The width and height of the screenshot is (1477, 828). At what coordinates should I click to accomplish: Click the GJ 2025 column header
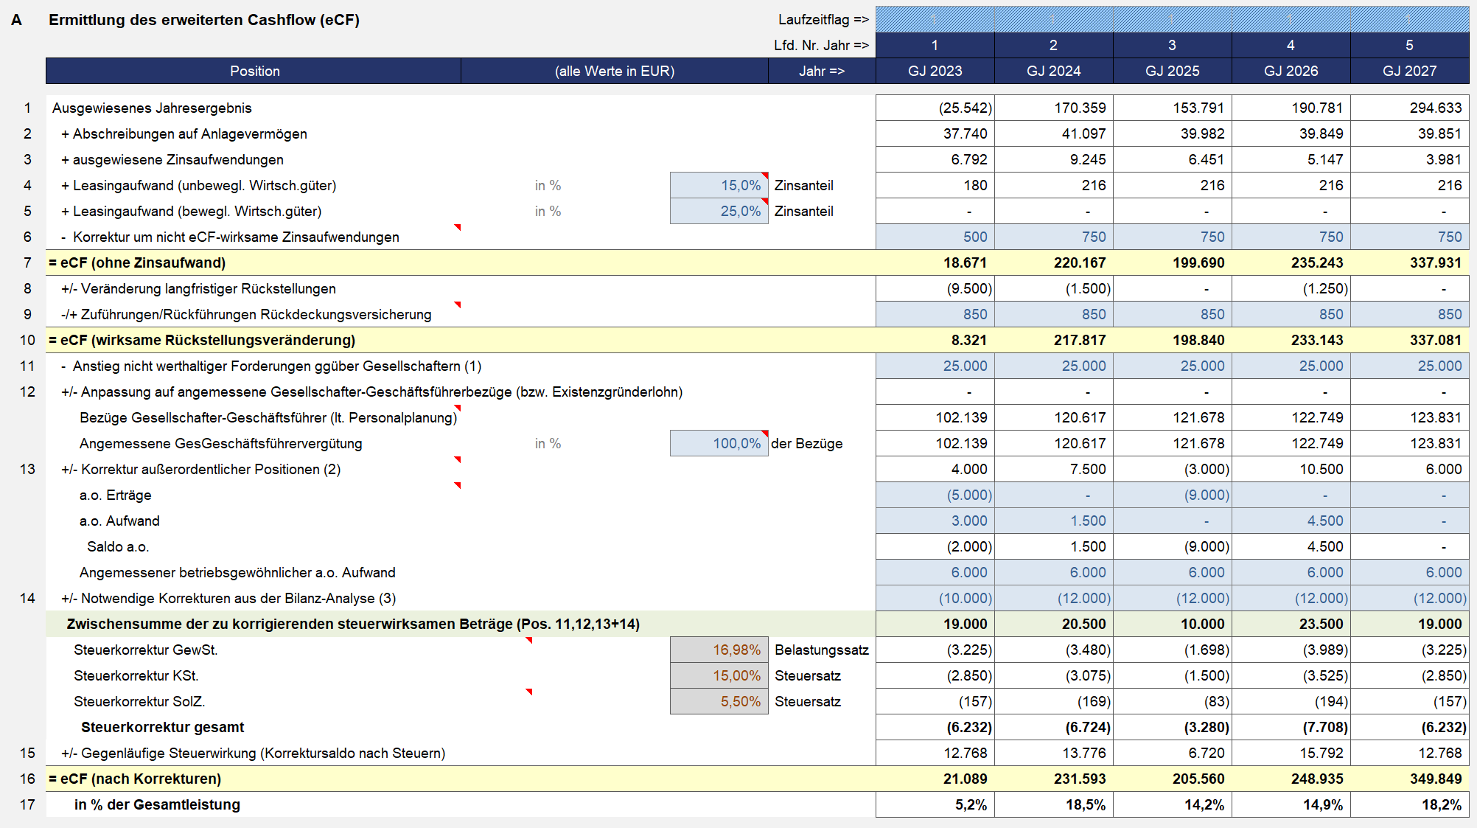(x=1172, y=71)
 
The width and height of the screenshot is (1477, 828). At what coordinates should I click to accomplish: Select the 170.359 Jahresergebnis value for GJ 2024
(x=1080, y=108)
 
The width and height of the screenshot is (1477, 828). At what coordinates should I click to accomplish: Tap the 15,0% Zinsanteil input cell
(x=719, y=185)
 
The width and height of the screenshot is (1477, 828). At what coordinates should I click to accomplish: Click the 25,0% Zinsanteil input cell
(x=719, y=211)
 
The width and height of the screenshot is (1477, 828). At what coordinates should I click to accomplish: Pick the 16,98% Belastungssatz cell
(x=719, y=650)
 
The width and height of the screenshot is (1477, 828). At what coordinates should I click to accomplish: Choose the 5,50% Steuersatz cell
(x=719, y=701)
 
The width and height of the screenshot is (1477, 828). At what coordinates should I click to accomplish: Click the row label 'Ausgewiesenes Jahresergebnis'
(x=152, y=108)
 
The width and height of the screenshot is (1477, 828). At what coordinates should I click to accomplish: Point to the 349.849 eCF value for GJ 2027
(x=1436, y=779)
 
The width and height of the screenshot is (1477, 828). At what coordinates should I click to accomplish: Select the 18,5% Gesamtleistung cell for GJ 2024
(x=1086, y=804)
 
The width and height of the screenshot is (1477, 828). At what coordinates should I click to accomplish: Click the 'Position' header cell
(x=254, y=71)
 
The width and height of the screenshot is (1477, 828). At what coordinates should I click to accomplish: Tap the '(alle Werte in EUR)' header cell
(x=615, y=71)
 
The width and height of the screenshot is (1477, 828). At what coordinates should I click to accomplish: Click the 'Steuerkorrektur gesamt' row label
(x=162, y=727)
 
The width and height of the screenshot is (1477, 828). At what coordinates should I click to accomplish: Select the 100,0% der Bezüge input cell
(x=719, y=443)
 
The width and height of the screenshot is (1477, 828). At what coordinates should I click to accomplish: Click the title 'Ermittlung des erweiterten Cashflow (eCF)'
(x=204, y=20)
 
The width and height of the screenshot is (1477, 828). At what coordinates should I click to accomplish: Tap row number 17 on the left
(x=27, y=804)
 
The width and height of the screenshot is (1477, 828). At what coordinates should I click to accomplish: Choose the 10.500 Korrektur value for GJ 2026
(x=1321, y=469)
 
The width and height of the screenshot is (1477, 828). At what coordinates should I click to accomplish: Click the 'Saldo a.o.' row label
(x=118, y=546)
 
